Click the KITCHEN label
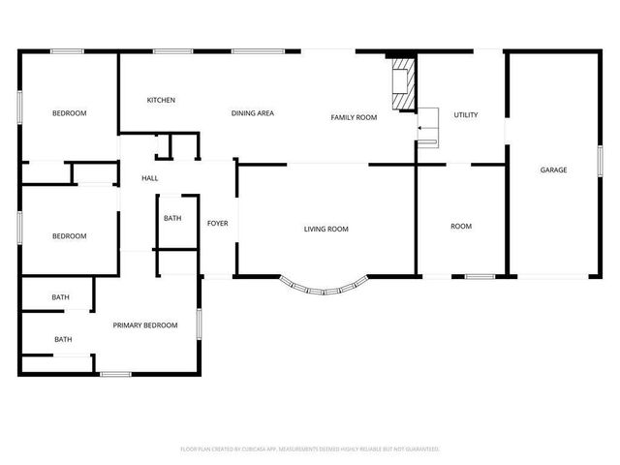pos(161,100)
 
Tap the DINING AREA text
pos(252,113)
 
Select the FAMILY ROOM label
pos(354,117)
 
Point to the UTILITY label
pos(466,115)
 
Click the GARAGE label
pos(553,170)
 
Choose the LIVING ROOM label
pos(325,229)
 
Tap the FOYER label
pos(218,224)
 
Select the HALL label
pos(150,178)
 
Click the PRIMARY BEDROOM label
pos(145,325)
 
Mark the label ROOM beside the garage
pos(461,227)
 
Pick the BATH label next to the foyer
pos(172,219)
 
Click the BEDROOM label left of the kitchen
pos(69,113)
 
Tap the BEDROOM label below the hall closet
pos(69,236)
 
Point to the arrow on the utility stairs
pos(423,126)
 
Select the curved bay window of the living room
pos(325,287)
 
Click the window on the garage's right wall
pos(601,160)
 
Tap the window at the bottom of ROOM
pos(480,277)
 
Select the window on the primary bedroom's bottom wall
pos(115,374)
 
